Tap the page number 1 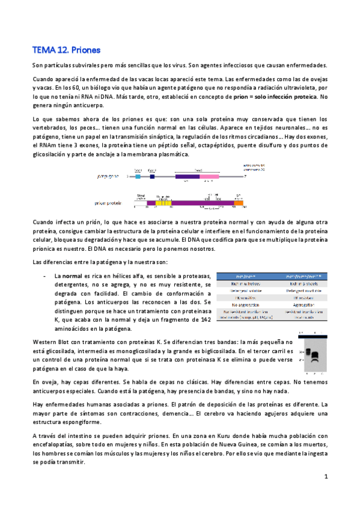[325, 476]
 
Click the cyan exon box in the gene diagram [138, 177]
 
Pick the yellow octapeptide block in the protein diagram [163, 203]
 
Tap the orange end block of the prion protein [238, 203]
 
